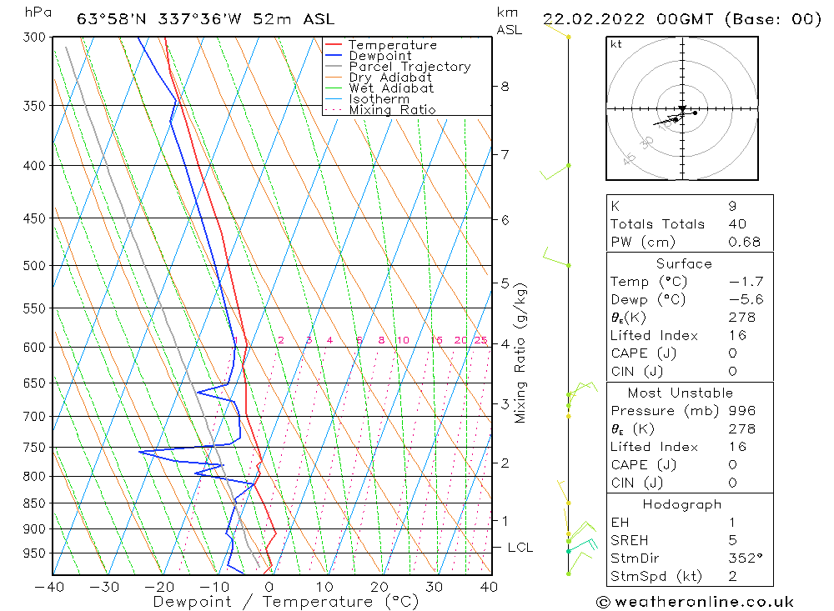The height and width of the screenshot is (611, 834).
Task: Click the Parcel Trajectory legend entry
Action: point(409,67)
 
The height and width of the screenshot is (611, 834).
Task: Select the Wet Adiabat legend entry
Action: point(391,88)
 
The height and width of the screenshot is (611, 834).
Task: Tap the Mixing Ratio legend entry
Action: point(392,110)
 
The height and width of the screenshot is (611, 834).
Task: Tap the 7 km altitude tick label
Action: point(505,154)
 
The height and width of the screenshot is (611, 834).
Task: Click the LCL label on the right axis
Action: point(520,548)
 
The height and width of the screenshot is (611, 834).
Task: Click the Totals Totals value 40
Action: point(737,224)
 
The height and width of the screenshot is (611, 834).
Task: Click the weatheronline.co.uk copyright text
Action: point(695,602)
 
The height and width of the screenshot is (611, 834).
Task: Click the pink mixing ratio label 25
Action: point(480,340)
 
